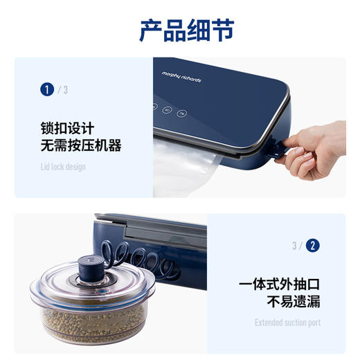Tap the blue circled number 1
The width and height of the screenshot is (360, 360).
[x=47, y=89]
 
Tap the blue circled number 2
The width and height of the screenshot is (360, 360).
[x=313, y=245]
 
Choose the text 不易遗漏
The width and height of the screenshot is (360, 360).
[x=294, y=303]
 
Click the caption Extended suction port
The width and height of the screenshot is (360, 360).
[x=287, y=323]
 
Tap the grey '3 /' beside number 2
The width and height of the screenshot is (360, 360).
[x=296, y=245]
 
